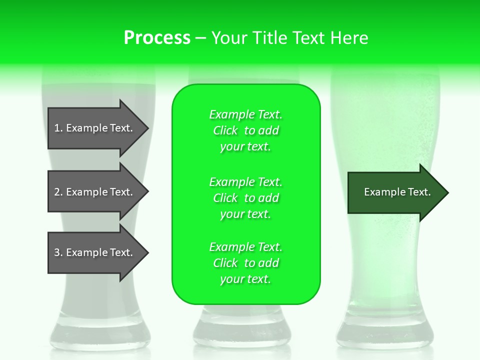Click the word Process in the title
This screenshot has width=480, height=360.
(157, 38)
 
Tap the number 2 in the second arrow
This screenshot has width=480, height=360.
(57, 192)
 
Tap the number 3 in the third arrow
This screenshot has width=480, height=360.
(57, 252)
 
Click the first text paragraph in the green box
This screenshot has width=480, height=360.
(245, 130)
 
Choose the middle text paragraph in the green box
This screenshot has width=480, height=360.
(245, 198)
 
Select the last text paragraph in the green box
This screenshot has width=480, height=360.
(245, 263)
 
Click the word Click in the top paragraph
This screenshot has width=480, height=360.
(225, 130)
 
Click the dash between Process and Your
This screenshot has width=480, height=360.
(200, 38)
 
